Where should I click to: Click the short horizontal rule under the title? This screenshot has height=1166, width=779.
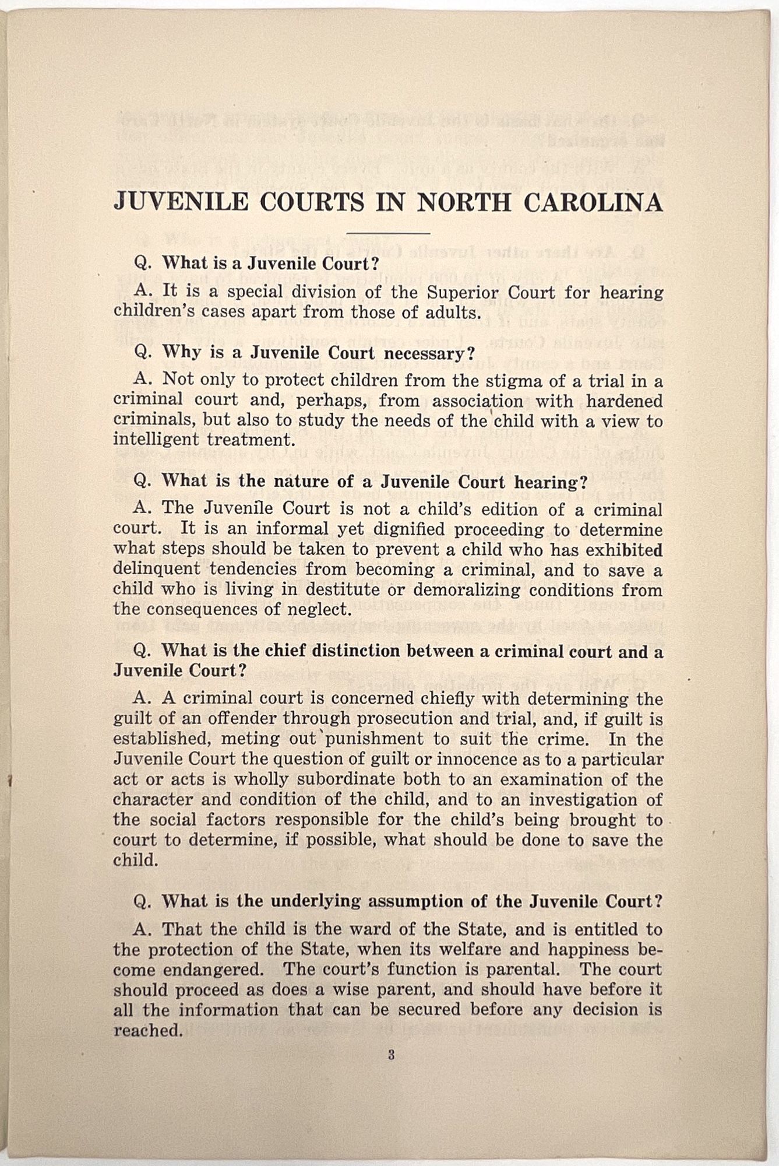[387, 233]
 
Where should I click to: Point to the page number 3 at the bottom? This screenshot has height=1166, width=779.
[392, 1054]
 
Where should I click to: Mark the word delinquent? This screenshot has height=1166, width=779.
[156, 569]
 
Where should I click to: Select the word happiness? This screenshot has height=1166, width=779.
[598, 949]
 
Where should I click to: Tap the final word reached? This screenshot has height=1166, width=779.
[148, 1030]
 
